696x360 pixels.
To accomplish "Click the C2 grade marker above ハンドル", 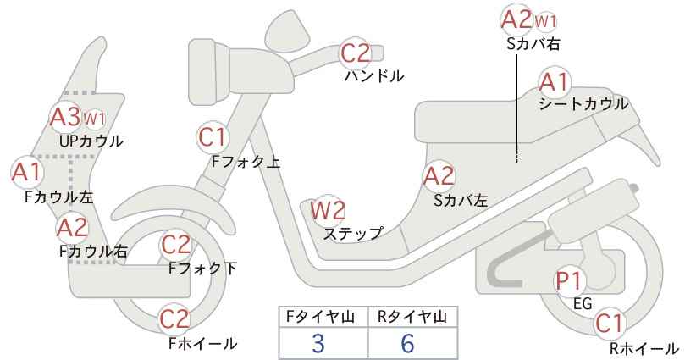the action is click(355, 53).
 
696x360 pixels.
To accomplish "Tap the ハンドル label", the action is click(374, 76).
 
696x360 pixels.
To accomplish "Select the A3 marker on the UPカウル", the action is click(66, 117).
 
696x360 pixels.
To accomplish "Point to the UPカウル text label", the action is click(91, 141).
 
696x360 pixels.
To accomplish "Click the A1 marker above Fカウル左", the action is click(26, 172).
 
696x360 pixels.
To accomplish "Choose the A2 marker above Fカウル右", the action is click(72, 228).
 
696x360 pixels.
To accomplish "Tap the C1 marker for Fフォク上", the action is click(213, 137).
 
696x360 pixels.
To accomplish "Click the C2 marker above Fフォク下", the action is click(176, 245).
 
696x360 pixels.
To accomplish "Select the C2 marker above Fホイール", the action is click(175, 319).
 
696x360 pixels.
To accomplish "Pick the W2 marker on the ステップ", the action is click(328, 210).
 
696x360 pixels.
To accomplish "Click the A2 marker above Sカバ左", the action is click(439, 177).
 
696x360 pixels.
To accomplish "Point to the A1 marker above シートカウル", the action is click(555, 82).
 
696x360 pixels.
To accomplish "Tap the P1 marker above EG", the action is click(570, 281).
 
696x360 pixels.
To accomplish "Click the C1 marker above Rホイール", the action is click(609, 324).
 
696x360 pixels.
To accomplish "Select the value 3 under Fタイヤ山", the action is click(318, 343).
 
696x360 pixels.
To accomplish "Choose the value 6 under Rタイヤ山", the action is click(407, 343).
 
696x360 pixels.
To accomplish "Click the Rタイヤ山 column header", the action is click(412, 317).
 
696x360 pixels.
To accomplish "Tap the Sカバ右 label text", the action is click(533, 43).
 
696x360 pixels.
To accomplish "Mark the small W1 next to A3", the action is click(95, 119).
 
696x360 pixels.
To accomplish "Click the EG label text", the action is click(583, 303).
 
